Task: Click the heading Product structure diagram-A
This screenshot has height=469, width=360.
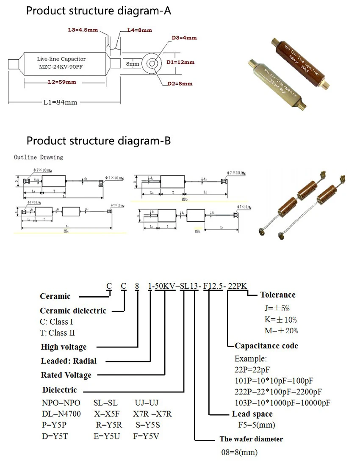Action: tap(98, 11)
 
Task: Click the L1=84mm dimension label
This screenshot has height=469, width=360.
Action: tap(61, 102)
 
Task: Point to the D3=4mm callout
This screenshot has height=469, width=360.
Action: tap(184, 38)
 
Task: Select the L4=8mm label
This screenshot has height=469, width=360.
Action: tap(139, 30)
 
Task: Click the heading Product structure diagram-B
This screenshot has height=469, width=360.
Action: tap(98, 141)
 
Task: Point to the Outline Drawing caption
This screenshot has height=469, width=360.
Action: tap(38, 157)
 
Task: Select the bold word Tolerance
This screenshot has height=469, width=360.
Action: tap(278, 295)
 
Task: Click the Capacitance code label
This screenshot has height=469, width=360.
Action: tap(266, 346)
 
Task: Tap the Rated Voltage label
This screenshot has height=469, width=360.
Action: tap(66, 375)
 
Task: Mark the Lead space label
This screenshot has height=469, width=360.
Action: tap(252, 414)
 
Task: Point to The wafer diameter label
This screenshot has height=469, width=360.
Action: tap(251, 439)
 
